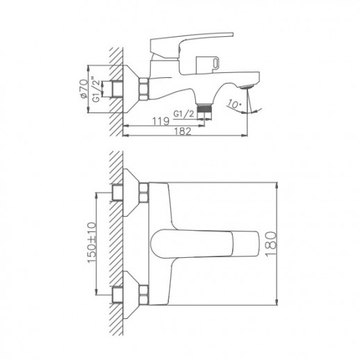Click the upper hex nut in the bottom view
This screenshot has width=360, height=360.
tap(145, 193)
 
